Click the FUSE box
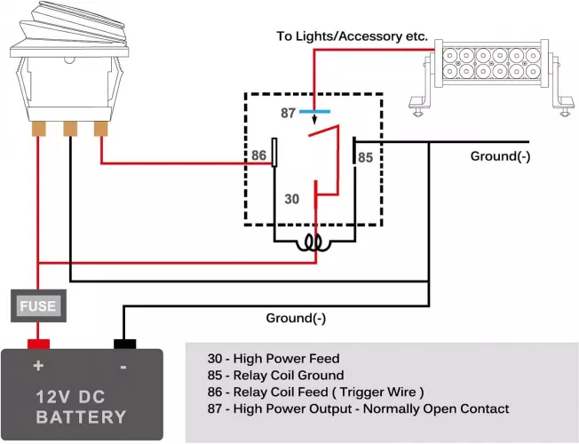click(38, 306)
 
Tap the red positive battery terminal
click(38, 344)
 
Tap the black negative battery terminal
click(123, 344)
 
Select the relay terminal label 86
click(258, 155)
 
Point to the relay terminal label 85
click(365, 157)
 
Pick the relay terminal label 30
click(292, 199)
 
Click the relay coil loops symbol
click(313, 243)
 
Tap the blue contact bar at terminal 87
click(314, 113)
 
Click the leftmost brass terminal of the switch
click(38, 129)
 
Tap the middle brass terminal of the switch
click(69, 129)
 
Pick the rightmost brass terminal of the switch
click(100, 129)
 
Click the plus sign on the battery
click(38, 366)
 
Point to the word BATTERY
click(82, 416)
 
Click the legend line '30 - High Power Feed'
click(273, 359)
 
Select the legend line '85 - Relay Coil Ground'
click(275, 376)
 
